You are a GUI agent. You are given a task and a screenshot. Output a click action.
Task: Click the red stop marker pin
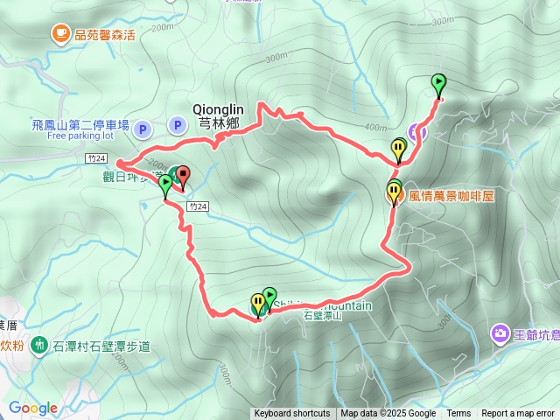point(182,175)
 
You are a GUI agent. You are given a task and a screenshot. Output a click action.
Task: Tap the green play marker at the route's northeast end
point(438,83)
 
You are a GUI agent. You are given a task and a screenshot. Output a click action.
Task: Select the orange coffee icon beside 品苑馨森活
point(59,34)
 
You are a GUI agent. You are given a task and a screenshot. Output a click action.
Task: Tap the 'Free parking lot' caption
point(80,136)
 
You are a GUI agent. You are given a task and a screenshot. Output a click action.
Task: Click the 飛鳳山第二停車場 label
point(80,125)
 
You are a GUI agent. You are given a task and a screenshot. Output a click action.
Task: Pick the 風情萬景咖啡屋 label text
point(451,196)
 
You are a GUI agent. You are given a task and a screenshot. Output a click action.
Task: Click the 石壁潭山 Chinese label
point(320,316)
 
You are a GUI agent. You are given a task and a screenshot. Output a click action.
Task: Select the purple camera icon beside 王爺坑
point(500,332)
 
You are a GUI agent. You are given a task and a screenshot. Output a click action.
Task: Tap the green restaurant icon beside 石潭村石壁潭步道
point(39,346)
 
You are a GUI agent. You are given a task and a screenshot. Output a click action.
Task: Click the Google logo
point(32,408)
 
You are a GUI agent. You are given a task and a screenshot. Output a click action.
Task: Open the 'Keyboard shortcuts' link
point(292,414)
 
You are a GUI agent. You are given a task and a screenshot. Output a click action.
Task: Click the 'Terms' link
point(458,414)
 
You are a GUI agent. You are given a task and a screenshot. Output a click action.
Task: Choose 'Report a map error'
point(518,414)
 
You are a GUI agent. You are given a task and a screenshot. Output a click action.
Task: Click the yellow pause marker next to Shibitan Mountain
point(258,302)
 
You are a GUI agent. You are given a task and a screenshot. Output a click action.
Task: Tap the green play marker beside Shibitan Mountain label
point(269,296)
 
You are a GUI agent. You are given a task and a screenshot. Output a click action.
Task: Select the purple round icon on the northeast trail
point(418,133)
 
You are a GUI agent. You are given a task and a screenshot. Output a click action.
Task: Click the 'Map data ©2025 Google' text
point(388,414)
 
